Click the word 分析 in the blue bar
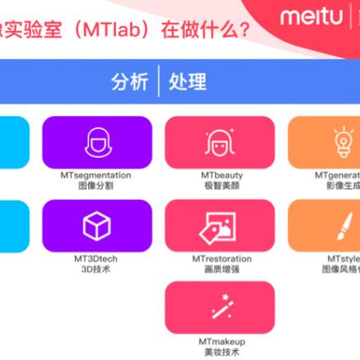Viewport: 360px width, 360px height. coord(130,82)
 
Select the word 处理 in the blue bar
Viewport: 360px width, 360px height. coord(187,82)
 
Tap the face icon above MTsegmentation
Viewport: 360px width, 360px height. coord(97,142)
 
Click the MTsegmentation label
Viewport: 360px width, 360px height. coord(97,175)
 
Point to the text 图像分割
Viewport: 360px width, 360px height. coord(97,186)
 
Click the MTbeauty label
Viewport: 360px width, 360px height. coord(221,175)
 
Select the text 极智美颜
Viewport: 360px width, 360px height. coord(221,186)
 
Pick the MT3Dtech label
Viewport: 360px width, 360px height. coord(97,259)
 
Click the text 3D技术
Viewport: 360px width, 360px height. coord(97,268)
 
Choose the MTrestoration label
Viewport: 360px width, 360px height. coord(221,259)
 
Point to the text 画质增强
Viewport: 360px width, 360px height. coord(221,268)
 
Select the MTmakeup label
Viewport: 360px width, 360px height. coord(221,341)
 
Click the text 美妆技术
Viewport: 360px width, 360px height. coord(221,352)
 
